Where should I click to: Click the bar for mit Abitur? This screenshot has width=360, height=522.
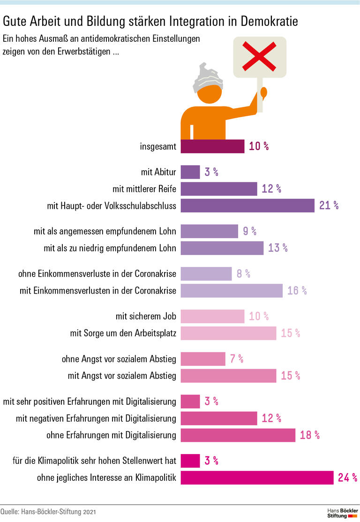point(190,172)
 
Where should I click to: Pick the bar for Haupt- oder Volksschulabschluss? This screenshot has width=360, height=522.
point(247,205)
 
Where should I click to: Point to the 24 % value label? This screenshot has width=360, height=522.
point(347,478)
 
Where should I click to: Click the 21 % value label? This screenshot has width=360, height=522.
point(329,205)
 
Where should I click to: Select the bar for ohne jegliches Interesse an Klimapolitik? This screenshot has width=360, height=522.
point(257,478)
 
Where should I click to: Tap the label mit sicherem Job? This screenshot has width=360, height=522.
point(146,317)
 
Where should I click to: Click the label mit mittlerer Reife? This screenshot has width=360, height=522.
point(144,189)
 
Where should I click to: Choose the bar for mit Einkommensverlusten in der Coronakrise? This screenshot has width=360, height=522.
point(232,291)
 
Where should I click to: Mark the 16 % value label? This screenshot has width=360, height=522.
point(297,291)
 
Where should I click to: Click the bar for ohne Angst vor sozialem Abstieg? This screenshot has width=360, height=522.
point(203,359)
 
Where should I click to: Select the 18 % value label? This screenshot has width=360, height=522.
point(310,435)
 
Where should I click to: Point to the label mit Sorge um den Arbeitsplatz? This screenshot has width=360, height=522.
point(123,333)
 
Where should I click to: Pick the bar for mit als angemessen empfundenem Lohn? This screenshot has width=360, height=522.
point(209,231)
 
